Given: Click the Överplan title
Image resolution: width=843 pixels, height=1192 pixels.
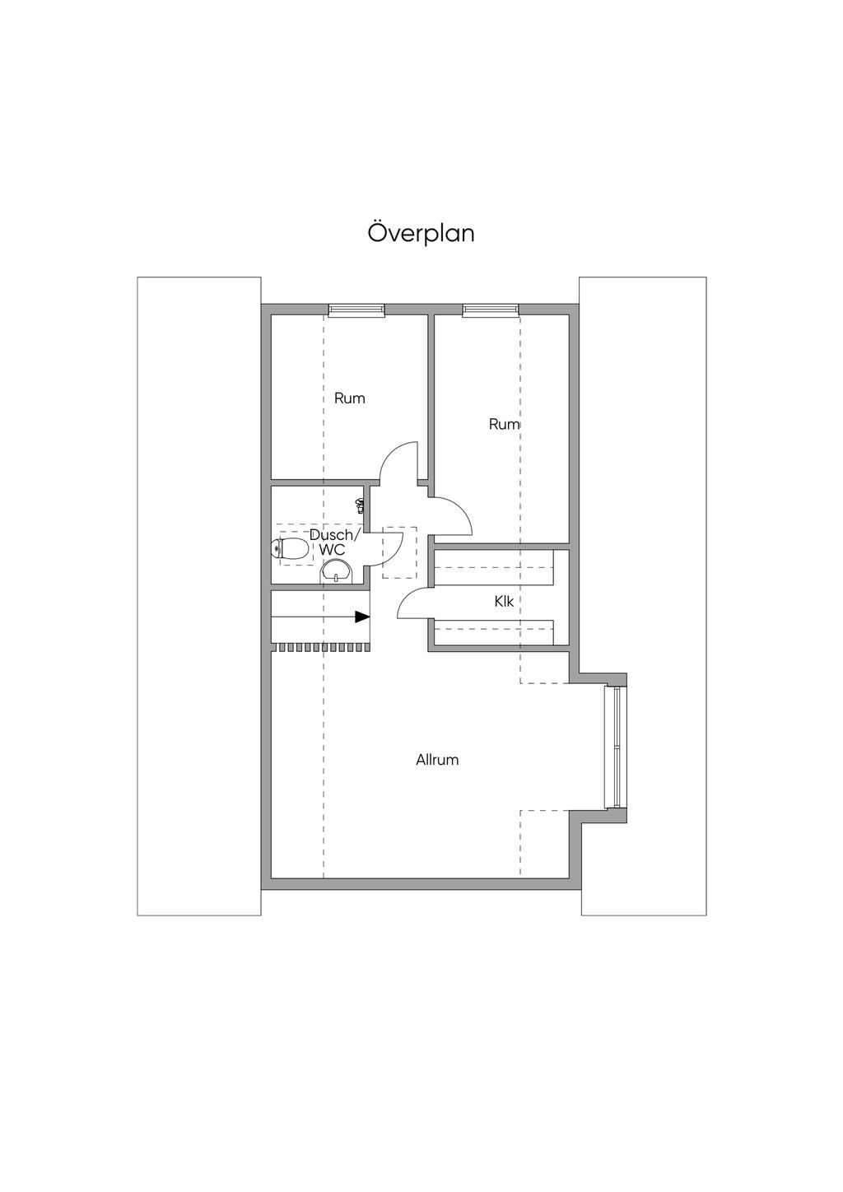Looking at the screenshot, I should (421, 234).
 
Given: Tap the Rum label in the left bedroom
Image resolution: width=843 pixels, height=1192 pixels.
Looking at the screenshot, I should (349, 398).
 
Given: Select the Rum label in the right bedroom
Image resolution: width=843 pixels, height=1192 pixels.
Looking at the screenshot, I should (504, 425).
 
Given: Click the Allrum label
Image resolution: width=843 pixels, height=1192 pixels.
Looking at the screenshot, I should (437, 760).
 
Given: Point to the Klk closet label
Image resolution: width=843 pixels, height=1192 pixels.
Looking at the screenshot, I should (504, 602).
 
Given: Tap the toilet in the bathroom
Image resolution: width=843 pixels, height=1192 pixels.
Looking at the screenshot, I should (289, 548).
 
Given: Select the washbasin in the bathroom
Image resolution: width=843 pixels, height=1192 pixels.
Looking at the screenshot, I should (336, 570).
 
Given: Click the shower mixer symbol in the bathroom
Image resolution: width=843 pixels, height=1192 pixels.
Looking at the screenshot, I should (361, 505).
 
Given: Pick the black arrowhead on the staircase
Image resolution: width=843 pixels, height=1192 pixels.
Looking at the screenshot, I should (362, 617).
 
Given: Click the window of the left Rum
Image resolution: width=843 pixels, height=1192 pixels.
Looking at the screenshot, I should (356, 310).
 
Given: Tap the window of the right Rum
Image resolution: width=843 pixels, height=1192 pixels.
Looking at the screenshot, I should (491, 310).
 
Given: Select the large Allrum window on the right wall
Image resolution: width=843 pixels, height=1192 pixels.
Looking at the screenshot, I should (610, 747).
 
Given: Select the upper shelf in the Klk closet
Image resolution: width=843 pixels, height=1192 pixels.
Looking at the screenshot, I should (494, 569).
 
